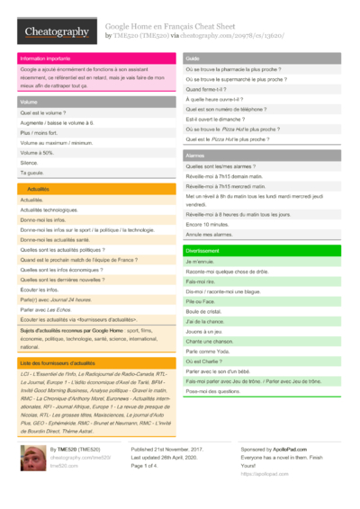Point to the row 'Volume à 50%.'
pyautogui.click(x=37, y=153)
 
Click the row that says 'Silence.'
pyautogui.click(x=30, y=163)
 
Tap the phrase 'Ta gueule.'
pyautogui.click(x=32, y=173)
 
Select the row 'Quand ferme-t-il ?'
pyautogui.click(x=207, y=90)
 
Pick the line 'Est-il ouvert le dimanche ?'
pyautogui.click(x=217, y=120)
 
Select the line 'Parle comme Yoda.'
pyautogui.click(x=208, y=351)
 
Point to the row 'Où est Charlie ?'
pyautogui.click(x=205, y=361)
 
